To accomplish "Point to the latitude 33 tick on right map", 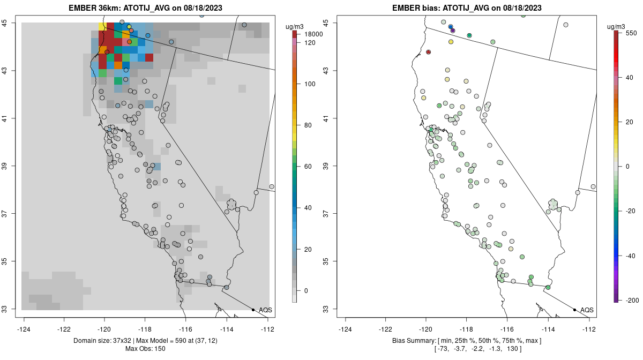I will (x=330, y=309).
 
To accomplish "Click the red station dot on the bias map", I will (x=429, y=52).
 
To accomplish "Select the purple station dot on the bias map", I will (x=453, y=31).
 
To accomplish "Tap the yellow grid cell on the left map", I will (x=102, y=26).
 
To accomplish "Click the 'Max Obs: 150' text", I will (x=145, y=349).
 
